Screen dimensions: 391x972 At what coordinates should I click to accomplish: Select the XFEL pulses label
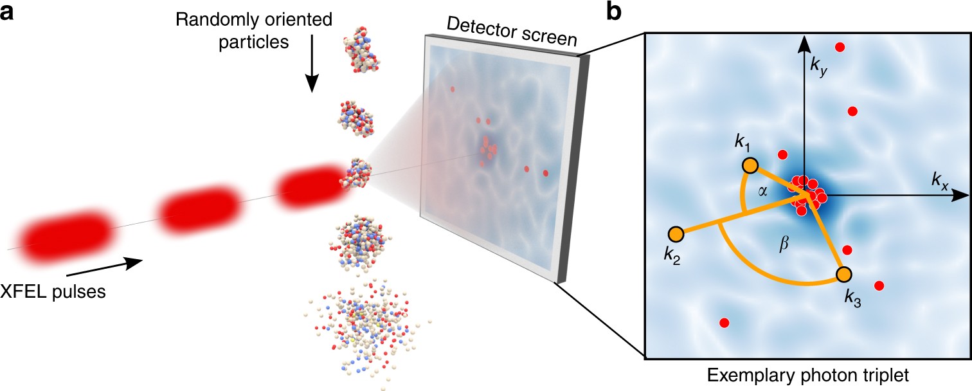(53, 291)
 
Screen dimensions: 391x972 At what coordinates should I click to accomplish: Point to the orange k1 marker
(750, 166)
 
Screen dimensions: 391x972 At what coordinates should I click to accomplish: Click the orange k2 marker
(676, 233)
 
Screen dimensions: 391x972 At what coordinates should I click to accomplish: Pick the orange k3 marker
(844, 275)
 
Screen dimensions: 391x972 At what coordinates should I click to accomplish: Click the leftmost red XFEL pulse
(62, 232)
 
